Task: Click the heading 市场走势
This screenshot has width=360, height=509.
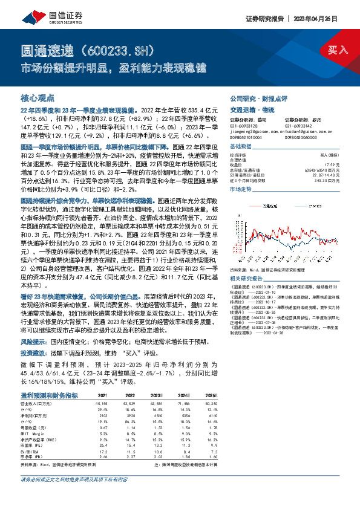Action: point(240,189)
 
